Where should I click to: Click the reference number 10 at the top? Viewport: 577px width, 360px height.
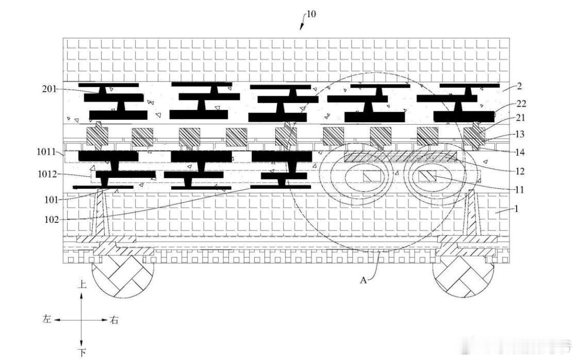(x=311, y=14)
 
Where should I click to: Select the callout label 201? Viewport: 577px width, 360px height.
(x=50, y=89)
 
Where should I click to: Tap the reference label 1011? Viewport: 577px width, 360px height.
(x=46, y=152)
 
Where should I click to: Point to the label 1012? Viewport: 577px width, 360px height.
(x=47, y=174)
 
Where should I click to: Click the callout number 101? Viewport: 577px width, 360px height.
(x=52, y=200)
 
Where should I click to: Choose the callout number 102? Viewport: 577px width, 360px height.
(x=52, y=220)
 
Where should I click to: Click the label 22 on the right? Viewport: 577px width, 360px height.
(x=521, y=104)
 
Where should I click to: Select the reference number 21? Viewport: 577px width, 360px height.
(x=520, y=118)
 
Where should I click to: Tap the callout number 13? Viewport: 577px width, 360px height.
(x=520, y=135)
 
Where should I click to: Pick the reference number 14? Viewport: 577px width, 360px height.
(x=520, y=152)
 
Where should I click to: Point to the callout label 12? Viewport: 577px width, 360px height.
(x=520, y=171)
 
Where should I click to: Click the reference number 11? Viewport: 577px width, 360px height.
(x=519, y=190)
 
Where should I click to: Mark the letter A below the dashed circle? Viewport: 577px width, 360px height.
(x=364, y=281)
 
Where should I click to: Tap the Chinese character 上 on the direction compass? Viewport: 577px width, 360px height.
(x=81, y=284)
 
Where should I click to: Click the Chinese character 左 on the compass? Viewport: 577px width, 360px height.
(x=47, y=319)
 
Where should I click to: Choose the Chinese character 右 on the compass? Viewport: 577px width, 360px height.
(x=114, y=320)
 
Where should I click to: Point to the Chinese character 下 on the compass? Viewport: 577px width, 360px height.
(x=81, y=353)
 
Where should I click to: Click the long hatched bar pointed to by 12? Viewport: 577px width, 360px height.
(x=400, y=156)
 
